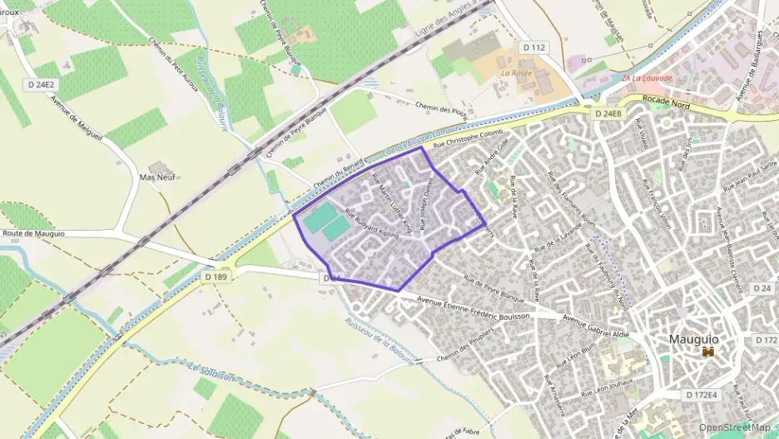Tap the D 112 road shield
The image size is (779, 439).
pos(533,47)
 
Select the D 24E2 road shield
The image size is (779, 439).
pos(40,84)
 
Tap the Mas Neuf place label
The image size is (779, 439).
pos(157,177)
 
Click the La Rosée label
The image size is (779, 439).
pos(517,73)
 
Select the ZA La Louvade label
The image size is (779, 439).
pos(648,78)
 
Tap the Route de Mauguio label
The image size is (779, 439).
pos(33,234)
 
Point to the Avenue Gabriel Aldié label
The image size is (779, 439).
pos(596,323)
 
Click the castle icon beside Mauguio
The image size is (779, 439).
pos(708,352)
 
